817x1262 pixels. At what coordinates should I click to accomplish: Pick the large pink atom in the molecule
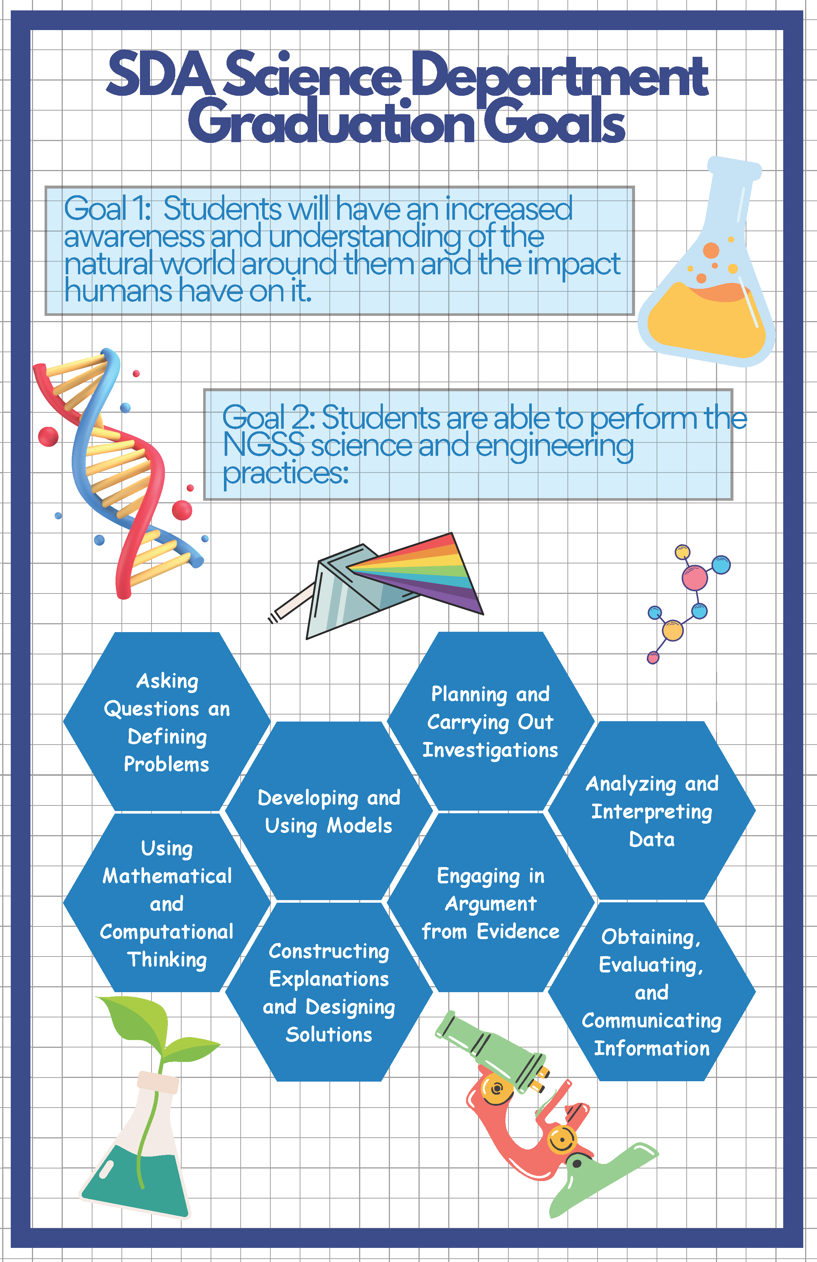pyautogui.click(x=694, y=578)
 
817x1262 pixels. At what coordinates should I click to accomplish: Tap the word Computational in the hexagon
pyautogui.click(x=167, y=932)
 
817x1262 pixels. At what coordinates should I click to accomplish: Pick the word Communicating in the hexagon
pyautogui.click(x=651, y=1021)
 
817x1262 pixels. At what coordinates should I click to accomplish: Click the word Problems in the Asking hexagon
pyautogui.click(x=167, y=764)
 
